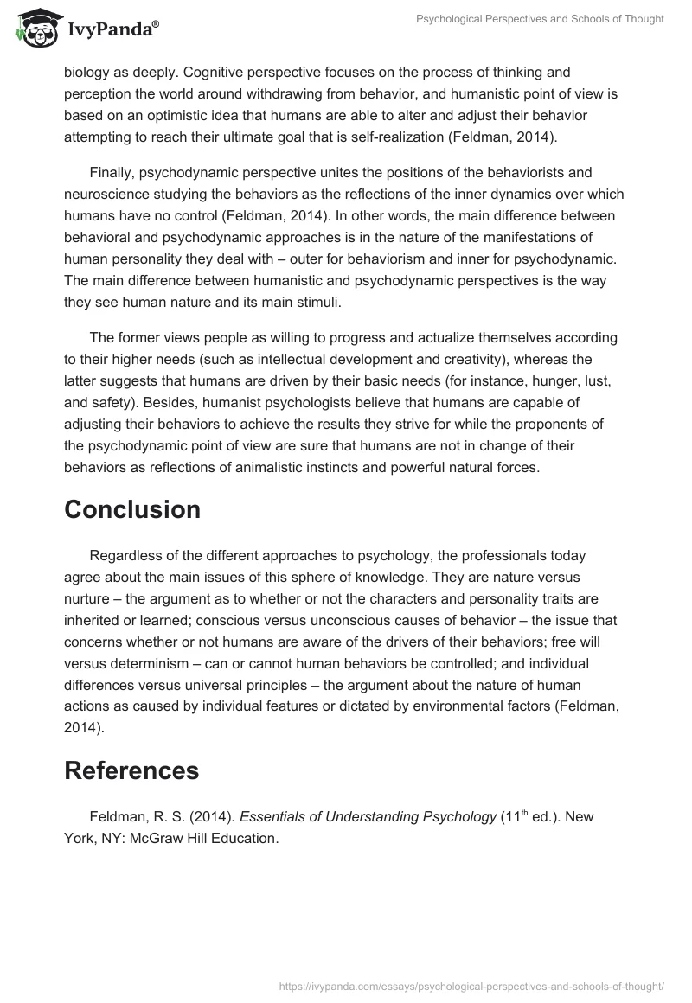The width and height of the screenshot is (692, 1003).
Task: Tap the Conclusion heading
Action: pos(132,510)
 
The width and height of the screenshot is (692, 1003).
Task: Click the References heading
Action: pos(131,770)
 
